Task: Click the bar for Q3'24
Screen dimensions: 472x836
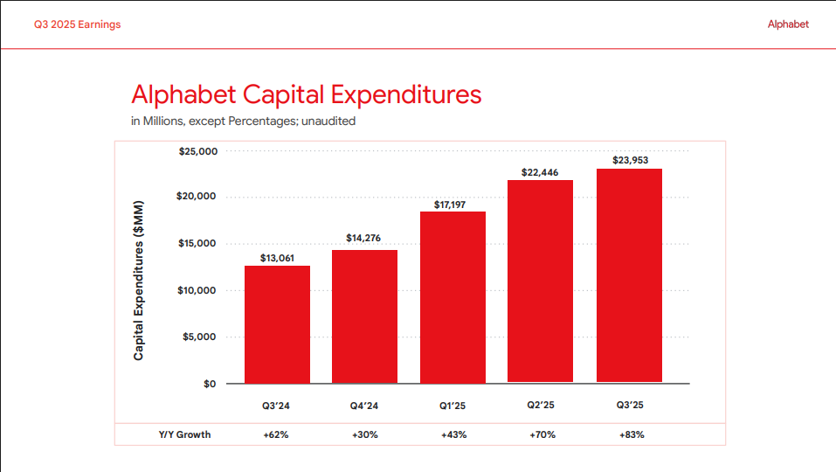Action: tap(277, 324)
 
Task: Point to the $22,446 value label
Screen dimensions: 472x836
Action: tap(540, 172)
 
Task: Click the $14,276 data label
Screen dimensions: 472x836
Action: tap(363, 238)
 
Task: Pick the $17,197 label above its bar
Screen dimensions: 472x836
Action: tap(453, 205)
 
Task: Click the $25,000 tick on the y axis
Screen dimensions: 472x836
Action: tap(197, 151)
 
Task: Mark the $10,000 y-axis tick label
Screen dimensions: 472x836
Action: tap(197, 290)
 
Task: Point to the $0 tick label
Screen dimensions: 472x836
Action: tap(210, 384)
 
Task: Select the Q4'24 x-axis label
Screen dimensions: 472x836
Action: tap(363, 406)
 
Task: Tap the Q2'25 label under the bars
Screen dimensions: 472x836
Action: tap(540, 406)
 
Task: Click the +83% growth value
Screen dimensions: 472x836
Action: tap(629, 434)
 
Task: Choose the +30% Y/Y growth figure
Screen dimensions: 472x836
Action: tap(364, 434)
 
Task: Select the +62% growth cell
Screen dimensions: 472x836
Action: tap(276, 434)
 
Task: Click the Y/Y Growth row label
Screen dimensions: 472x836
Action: tap(184, 434)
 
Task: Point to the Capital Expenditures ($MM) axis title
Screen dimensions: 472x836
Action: tap(138, 281)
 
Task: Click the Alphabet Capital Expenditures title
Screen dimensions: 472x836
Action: tap(306, 94)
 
